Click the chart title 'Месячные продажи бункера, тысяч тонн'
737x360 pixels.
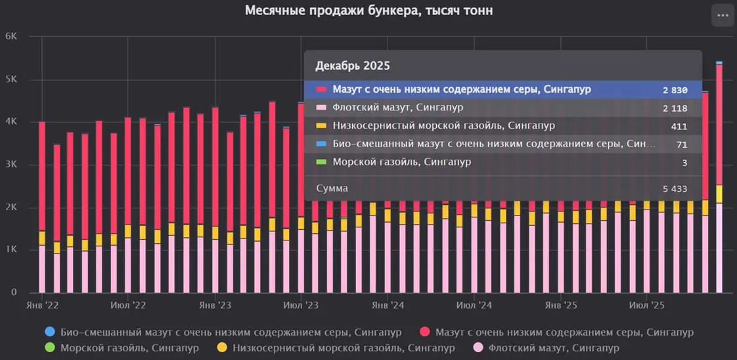368,11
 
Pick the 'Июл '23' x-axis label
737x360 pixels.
301,306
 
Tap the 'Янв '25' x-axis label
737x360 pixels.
561,306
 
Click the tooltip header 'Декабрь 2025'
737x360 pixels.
353,66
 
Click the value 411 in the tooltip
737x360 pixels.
679,126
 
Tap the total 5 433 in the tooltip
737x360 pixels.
675,189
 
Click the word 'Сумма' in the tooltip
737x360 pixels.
332,189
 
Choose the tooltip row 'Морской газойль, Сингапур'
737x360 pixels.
401,162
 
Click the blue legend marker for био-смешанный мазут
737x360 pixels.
50,332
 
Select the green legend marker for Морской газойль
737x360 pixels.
50,348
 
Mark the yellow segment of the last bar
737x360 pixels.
719,194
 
